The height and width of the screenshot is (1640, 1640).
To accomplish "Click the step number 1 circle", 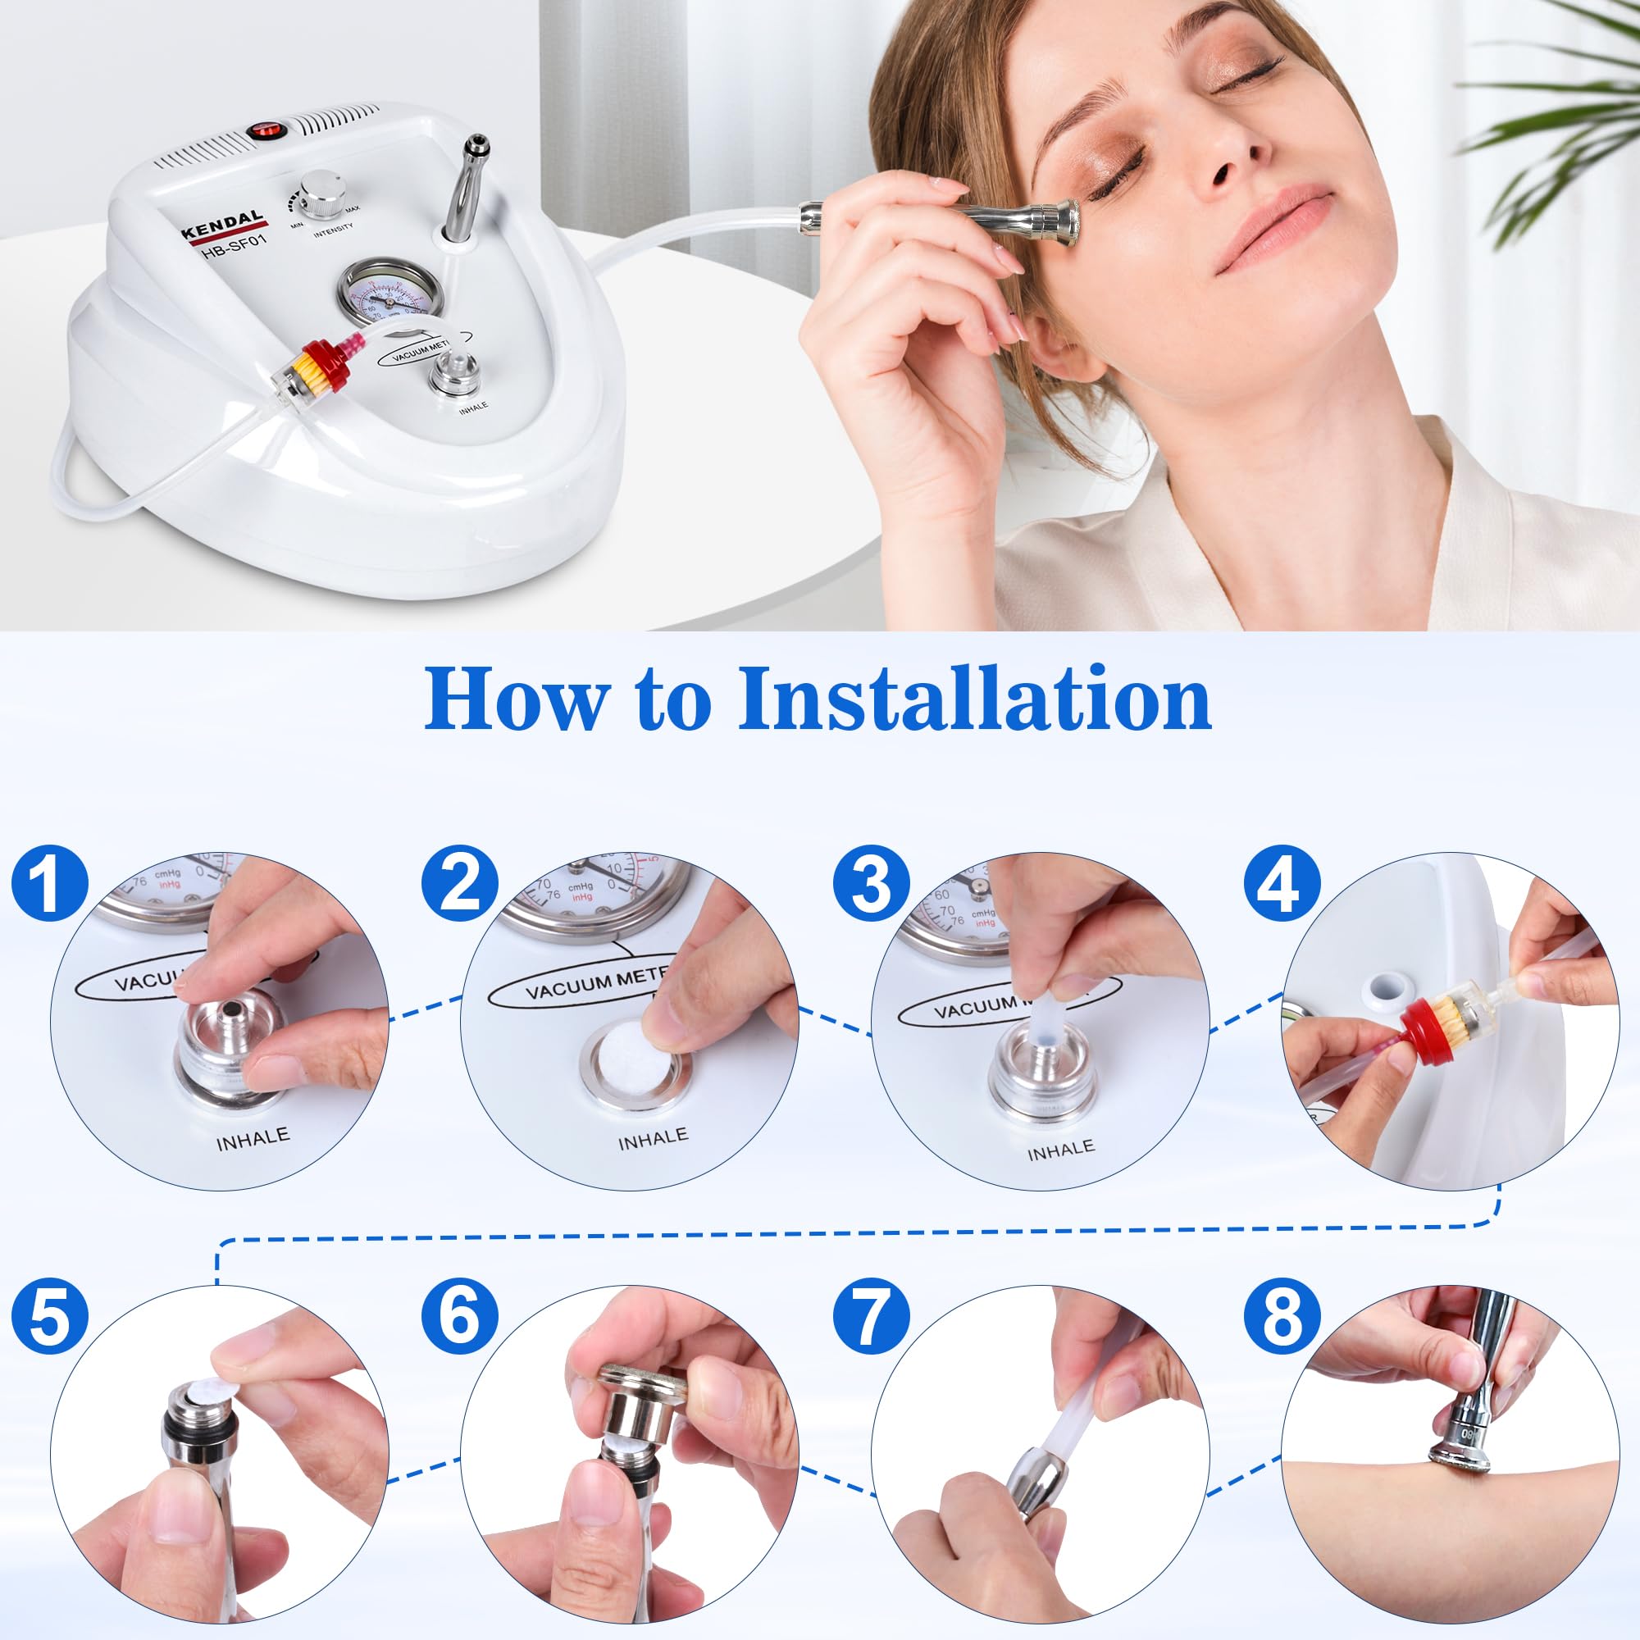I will pyautogui.click(x=49, y=884).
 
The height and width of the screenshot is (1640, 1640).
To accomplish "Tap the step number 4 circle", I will pyautogui.click(x=1282, y=884).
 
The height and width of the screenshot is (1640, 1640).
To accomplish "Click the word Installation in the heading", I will pyautogui.click(x=973, y=699).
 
